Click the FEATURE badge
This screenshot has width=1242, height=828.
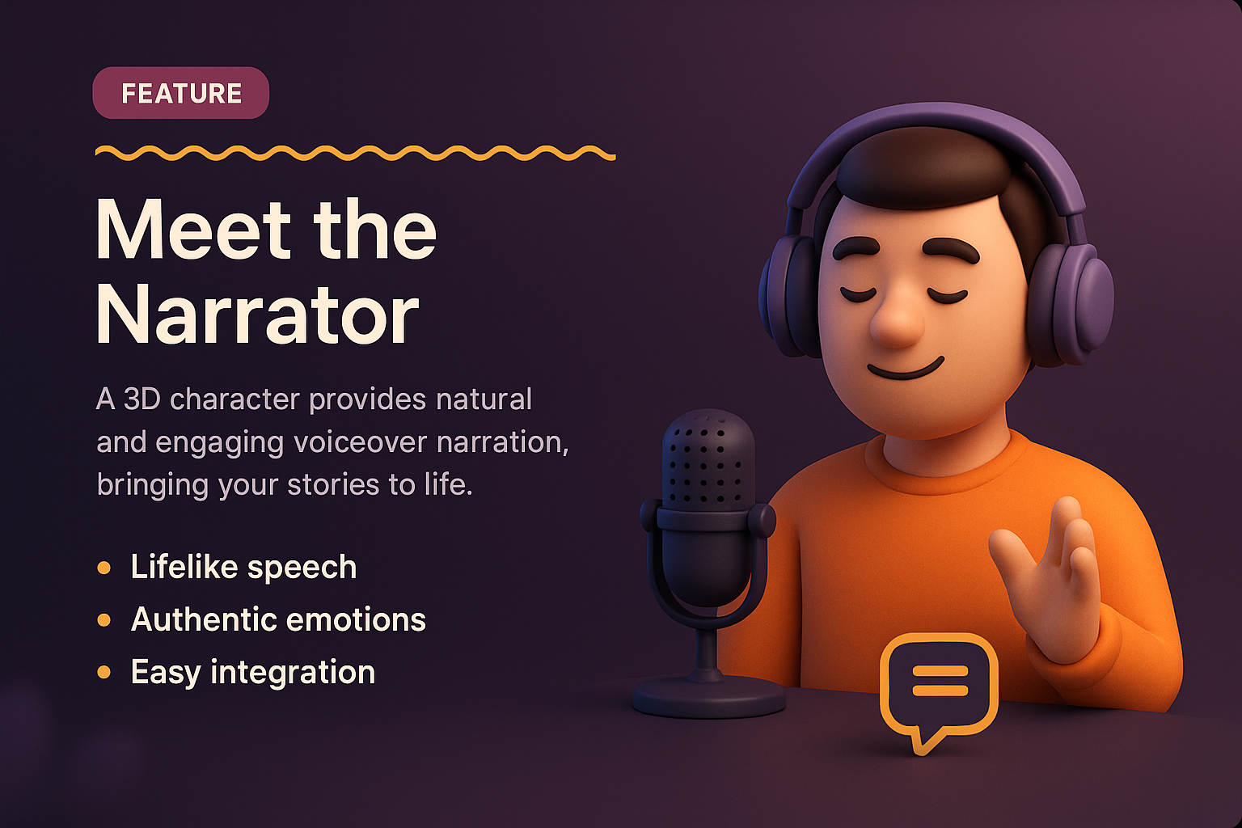point(181,93)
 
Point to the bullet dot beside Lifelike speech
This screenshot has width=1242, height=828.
point(103,568)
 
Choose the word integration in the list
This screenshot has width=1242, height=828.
point(293,673)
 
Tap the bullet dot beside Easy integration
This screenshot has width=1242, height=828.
point(103,672)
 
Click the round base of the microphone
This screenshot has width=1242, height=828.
point(708,696)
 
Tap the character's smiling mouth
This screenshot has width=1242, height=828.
point(905,370)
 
